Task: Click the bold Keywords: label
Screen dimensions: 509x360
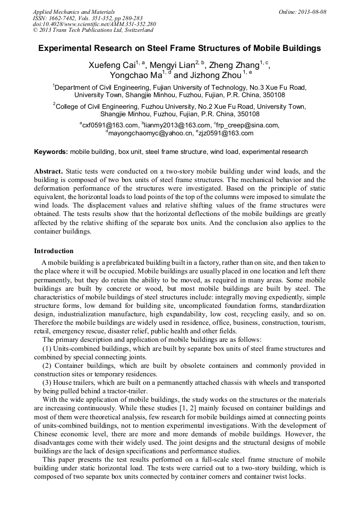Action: coord(51,152)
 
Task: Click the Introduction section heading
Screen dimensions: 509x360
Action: coord(54,251)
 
